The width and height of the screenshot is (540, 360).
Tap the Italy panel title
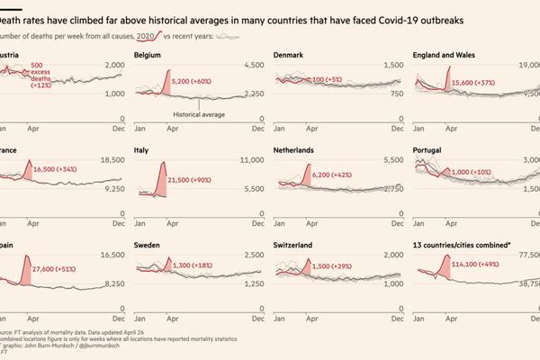pos(141,149)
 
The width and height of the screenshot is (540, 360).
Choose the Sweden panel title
pos(148,244)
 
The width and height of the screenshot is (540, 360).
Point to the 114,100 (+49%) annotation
pos(482,264)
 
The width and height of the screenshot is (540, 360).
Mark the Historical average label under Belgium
pos(197,114)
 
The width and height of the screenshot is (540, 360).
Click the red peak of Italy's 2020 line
pos(163,162)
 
